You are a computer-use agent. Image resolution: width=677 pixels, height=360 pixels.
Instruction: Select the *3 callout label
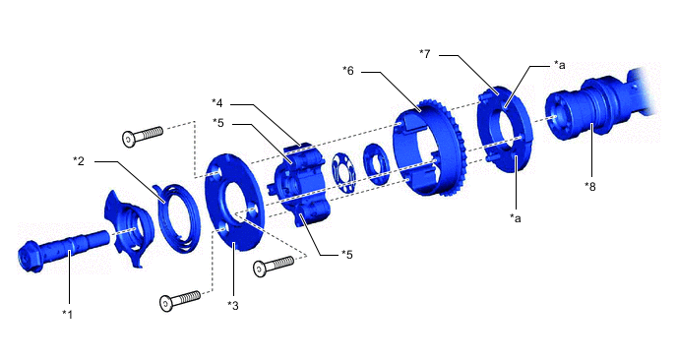click(x=233, y=305)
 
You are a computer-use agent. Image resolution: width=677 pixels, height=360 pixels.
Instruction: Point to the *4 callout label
click(x=218, y=102)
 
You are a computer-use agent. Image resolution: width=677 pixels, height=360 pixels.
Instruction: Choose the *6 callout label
click(x=347, y=70)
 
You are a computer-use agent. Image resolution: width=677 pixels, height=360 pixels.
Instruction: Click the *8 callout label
click(x=589, y=185)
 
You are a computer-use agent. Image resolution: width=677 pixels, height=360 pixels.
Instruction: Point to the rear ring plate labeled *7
click(x=507, y=128)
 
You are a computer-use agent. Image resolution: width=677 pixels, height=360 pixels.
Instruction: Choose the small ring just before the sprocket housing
click(x=376, y=161)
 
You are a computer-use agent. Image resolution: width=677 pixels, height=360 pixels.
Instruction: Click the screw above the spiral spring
click(x=143, y=137)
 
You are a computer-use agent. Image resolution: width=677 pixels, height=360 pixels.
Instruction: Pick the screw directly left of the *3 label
click(x=180, y=299)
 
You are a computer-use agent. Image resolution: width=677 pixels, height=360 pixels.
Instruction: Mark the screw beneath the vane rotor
click(x=274, y=266)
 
